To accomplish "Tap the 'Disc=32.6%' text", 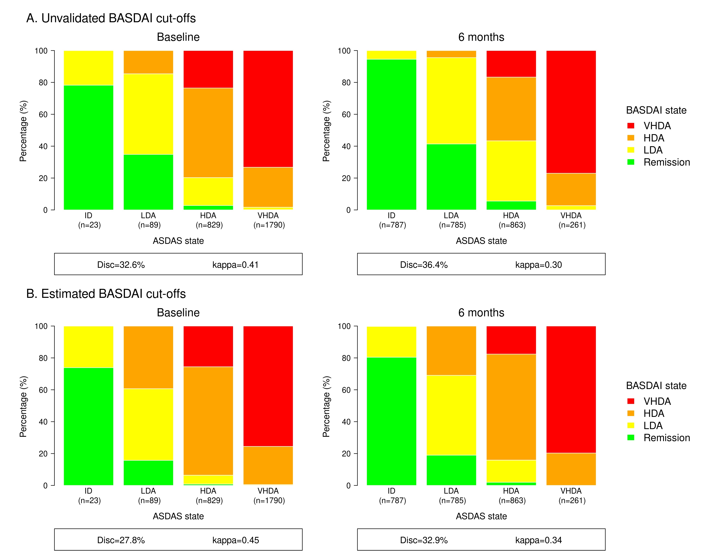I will pos(121,265).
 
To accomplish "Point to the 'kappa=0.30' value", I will pos(538,265).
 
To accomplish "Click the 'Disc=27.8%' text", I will pos(121,540).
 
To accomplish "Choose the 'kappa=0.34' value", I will pos(538,540).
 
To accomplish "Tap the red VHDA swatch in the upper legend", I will pos(631,126).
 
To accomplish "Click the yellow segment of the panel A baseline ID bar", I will pos(88,68).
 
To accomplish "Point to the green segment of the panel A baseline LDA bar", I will pos(148,182).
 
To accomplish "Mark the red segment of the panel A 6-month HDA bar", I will pos(511,64).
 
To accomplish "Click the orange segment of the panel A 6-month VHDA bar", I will pos(571,189).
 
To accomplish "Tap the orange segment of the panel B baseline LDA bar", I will pos(148,357).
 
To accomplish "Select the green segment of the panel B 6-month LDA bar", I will pos(451,470).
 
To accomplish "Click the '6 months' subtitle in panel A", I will pos(481,37).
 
